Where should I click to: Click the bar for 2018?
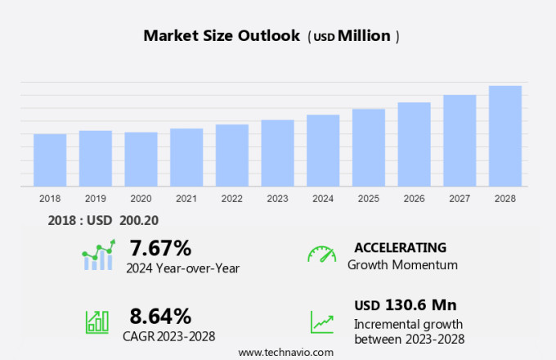[x=50, y=160]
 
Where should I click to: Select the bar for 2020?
[x=141, y=160]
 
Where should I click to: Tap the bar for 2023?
[x=278, y=153]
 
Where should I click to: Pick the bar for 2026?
[x=415, y=144]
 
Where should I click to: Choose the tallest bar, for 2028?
[x=505, y=136]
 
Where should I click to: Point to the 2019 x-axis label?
[x=96, y=199]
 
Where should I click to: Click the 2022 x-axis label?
[x=232, y=199]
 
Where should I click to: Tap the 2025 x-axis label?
[x=369, y=199]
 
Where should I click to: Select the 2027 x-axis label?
[x=460, y=199]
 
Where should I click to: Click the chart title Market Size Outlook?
[x=222, y=36]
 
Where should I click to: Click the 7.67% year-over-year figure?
[x=160, y=248]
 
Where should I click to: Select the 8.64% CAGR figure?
[x=160, y=315]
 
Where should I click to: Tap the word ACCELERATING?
[x=400, y=247]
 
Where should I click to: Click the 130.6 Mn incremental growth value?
[x=420, y=305]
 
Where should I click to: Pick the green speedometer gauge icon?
[x=321, y=254]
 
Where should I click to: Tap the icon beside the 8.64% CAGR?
[x=97, y=321]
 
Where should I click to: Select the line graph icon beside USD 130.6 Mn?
[x=322, y=321]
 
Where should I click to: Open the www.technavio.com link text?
[x=285, y=352]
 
